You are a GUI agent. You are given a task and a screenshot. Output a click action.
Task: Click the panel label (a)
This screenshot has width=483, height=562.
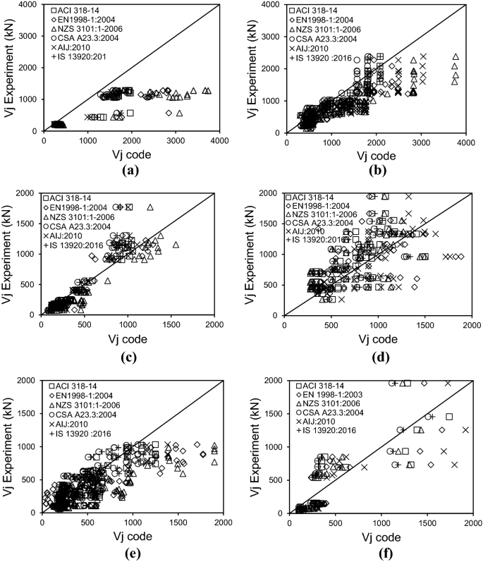130,170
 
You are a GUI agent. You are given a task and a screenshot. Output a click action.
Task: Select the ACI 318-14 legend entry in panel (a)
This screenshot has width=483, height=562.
75,11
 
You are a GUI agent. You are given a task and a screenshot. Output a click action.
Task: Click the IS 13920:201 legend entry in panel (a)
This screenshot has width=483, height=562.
78,56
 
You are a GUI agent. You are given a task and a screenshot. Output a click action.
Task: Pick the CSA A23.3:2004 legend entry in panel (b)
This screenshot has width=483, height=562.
323,39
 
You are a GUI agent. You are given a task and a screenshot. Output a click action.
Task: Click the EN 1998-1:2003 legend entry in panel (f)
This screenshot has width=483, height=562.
329,395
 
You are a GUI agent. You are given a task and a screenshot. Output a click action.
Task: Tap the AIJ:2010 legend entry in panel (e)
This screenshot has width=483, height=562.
68,424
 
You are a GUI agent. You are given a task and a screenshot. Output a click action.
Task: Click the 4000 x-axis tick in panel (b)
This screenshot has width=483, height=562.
466,142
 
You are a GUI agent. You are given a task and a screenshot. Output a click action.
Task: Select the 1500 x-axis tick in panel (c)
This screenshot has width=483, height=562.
171,324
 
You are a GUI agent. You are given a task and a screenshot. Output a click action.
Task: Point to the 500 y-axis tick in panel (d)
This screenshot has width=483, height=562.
274,285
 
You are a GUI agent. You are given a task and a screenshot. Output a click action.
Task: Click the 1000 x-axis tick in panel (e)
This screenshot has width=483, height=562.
133,523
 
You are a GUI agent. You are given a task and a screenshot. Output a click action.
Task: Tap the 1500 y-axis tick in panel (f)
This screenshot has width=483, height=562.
277,414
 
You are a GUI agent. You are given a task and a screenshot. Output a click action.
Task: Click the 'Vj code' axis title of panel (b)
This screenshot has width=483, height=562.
377,156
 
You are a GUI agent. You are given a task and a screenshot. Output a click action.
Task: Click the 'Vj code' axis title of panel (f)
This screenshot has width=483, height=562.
381,537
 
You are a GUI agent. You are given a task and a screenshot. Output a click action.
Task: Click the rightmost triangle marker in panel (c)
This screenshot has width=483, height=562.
176,245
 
